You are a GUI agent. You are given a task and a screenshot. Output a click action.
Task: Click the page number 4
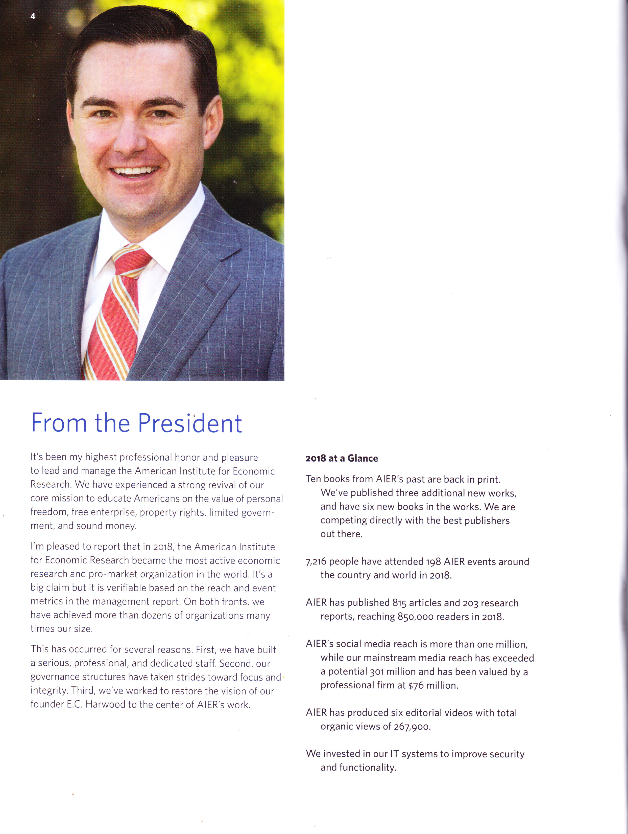tap(33, 16)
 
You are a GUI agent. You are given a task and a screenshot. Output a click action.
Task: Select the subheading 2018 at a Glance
tap(341, 459)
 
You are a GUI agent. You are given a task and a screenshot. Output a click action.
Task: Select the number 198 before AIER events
tap(433, 562)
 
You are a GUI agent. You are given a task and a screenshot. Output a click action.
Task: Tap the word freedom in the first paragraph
tap(49, 512)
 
